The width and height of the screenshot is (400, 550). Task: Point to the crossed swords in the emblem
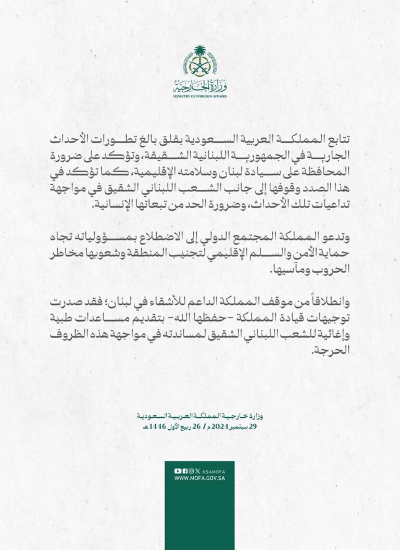pyautogui.click(x=200, y=67)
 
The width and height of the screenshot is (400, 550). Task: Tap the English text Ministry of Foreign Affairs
pyautogui.click(x=200, y=97)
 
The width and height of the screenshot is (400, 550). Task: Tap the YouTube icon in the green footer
pyautogui.click(x=178, y=471)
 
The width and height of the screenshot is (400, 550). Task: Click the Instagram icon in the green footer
pyautogui.click(x=191, y=471)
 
